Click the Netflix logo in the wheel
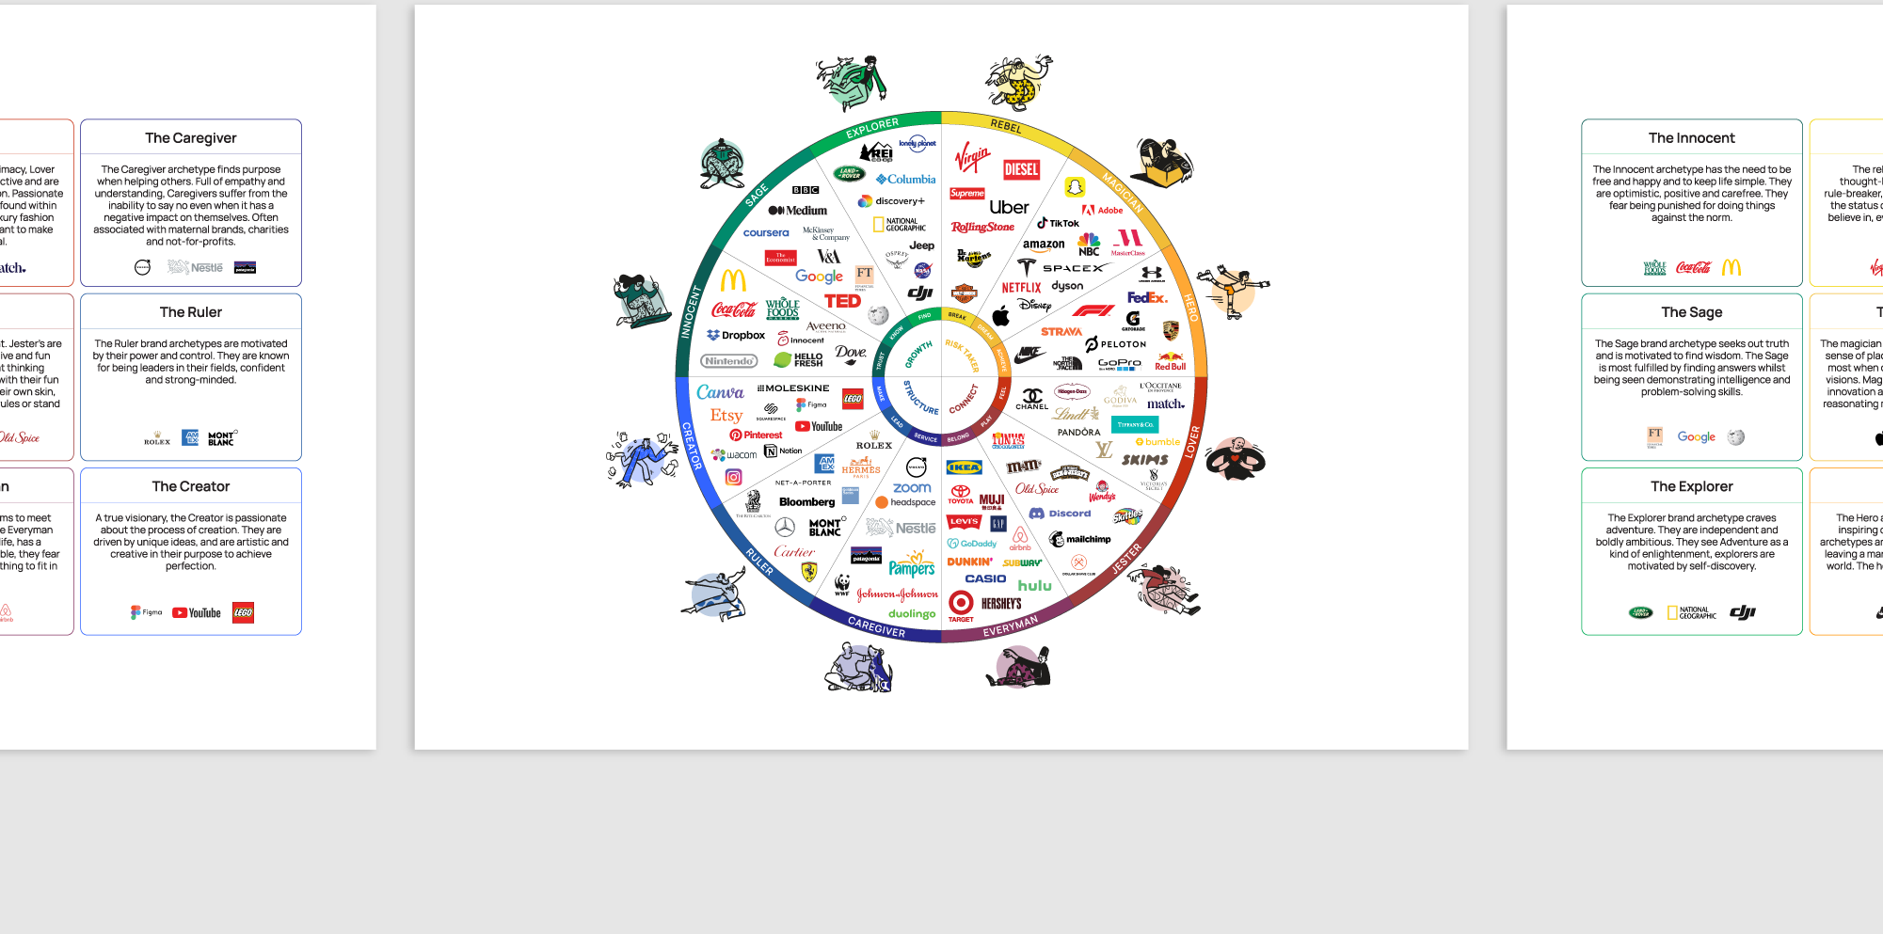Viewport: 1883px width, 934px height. [x=1021, y=288]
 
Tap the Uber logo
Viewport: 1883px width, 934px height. [x=1009, y=208]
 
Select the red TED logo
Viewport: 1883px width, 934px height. [x=842, y=301]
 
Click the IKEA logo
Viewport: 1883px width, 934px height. [x=964, y=467]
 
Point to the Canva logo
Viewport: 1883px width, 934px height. [x=720, y=392]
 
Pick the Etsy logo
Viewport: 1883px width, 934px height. [x=726, y=415]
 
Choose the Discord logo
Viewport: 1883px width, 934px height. [x=1061, y=514]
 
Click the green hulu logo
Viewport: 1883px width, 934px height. [x=1034, y=585]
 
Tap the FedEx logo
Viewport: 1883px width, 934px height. [x=1146, y=297]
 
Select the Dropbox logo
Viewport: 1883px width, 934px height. [x=736, y=335]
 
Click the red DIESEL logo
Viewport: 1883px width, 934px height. [x=1021, y=169]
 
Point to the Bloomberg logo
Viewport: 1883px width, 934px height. [x=806, y=502]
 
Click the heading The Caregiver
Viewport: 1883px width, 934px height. [x=191, y=138]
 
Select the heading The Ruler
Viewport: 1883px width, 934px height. [x=191, y=312]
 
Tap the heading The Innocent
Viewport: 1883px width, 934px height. [x=1691, y=138]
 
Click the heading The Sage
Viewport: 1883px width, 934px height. [x=1691, y=312]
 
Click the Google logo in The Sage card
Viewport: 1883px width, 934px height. [x=1696, y=437]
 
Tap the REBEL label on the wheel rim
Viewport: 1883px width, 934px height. [x=1006, y=126]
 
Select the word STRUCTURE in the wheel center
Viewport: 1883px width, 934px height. [x=921, y=397]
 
